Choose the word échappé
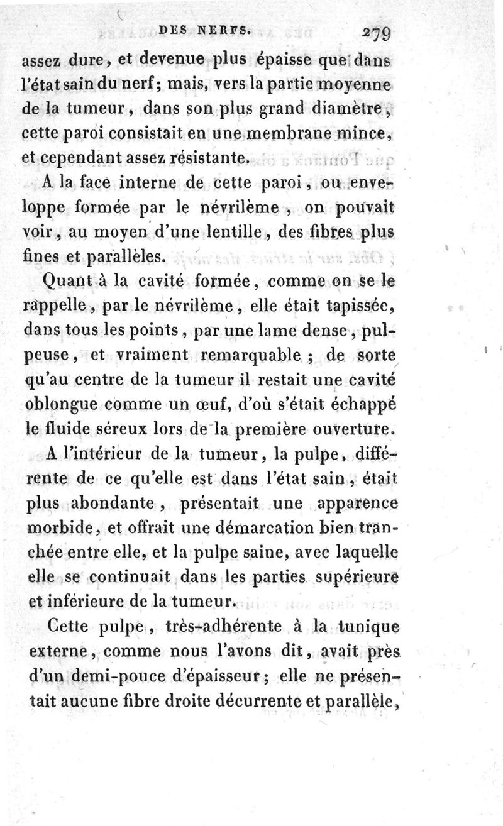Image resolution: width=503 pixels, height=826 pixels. [x=367, y=405]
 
